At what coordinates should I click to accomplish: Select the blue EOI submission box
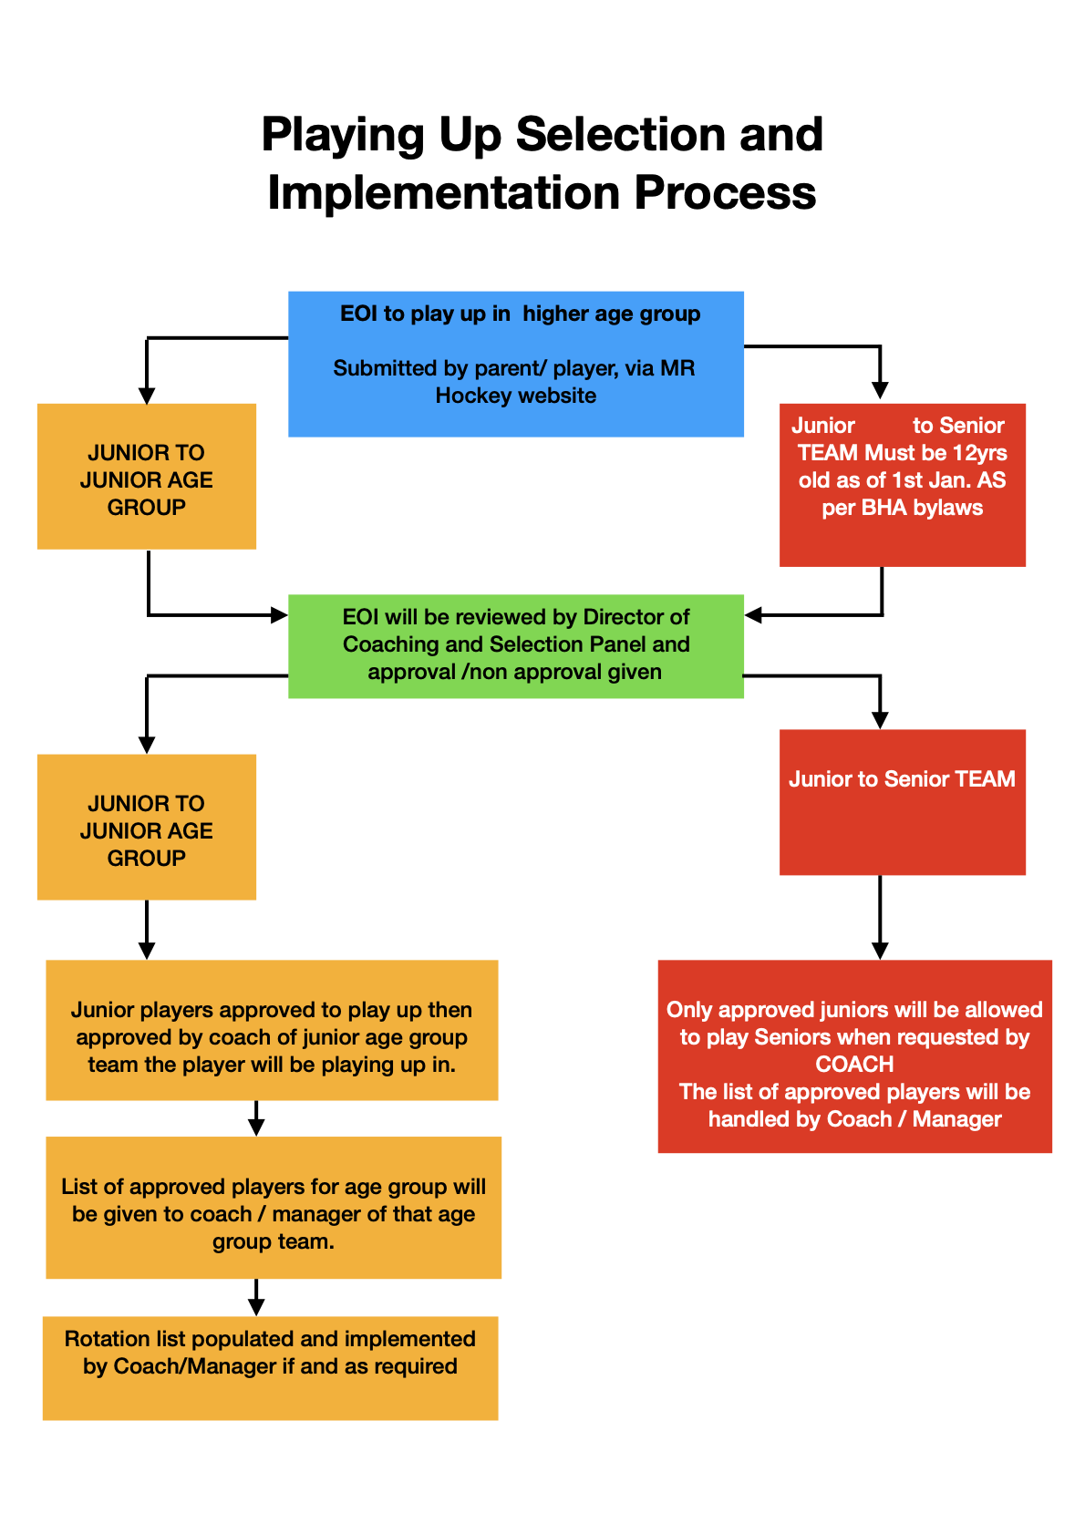pyautogui.click(x=515, y=364)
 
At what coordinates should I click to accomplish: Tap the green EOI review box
pyautogui.click(x=515, y=645)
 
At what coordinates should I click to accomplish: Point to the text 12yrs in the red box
pyautogui.click(x=979, y=453)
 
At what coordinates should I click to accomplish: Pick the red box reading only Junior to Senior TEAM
pyautogui.click(x=902, y=801)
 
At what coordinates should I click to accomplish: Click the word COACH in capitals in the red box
pyautogui.click(x=854, y=1065)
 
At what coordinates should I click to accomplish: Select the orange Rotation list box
pyautogui.click(x=270, y=1367)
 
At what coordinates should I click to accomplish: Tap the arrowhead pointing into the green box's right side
pyautogui.click(x=753, y=615)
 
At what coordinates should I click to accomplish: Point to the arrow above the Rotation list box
pyautogui.click(x=256, y=1297)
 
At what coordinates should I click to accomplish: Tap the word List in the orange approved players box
pyautogui.click(x=78, y=1187)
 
